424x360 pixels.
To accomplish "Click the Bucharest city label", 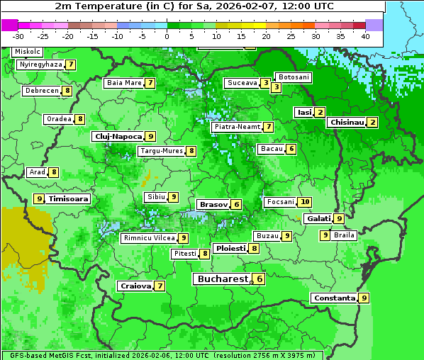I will coord(223,279).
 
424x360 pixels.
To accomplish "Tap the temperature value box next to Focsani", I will coord(305,202).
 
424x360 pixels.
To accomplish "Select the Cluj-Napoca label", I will coord(118,136).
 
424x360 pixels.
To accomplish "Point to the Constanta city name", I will coord(334,298).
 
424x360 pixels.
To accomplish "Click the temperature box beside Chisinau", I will coord(373,122).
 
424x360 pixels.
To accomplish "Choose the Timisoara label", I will coord(68,199).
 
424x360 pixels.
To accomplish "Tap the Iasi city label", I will coord(304,112).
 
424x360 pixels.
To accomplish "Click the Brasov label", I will coord(213,204).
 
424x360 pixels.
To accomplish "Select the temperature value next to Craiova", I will coord(160,286).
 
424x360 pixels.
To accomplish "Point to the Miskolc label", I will coord(28,52).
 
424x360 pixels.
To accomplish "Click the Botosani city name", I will coord(293,77).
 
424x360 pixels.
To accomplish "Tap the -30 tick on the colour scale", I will coord(18,36).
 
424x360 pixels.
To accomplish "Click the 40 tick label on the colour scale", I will coord(365,36).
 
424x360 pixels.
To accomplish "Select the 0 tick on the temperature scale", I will coord(167,36).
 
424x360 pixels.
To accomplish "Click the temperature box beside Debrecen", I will coord(67,91).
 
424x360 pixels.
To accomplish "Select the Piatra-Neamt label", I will coord(237,127).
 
